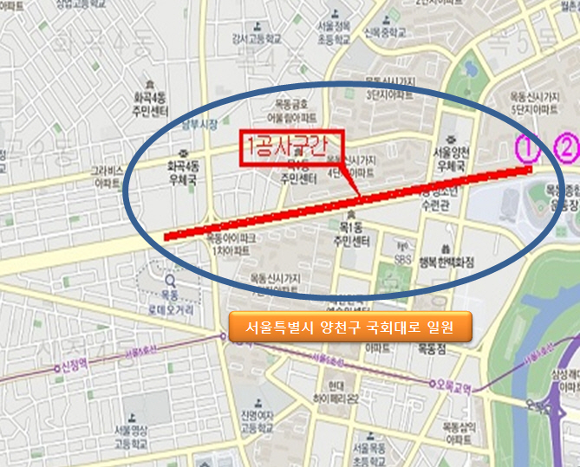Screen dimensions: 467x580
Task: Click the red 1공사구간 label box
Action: [x=292, y=148]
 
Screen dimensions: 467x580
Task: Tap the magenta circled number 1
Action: [x=527, y=148]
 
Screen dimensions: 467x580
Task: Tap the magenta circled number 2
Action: [x=566, y=148]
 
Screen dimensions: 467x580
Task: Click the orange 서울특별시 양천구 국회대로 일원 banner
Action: [x=349, y=328]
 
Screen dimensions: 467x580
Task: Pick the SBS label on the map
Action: [x=403, y=259]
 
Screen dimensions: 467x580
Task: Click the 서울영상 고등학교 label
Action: [x=138, y=438]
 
